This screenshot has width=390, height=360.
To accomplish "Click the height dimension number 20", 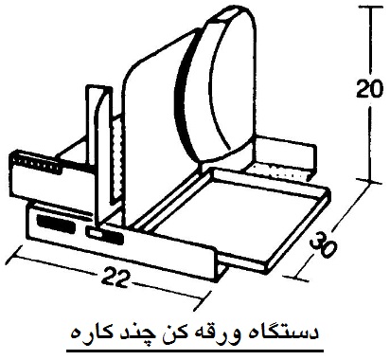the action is coord(369,88).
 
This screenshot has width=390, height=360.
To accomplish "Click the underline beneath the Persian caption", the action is coord(195,351).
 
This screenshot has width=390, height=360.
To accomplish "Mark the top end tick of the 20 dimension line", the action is coord(371,8).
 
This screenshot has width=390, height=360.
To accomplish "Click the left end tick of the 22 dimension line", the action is coord(15,253).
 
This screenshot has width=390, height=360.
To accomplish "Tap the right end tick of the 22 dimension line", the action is coord(203,299).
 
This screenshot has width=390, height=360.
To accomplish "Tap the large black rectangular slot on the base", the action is coord(56,224).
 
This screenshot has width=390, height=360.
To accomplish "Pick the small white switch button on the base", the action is coord(94,234).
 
